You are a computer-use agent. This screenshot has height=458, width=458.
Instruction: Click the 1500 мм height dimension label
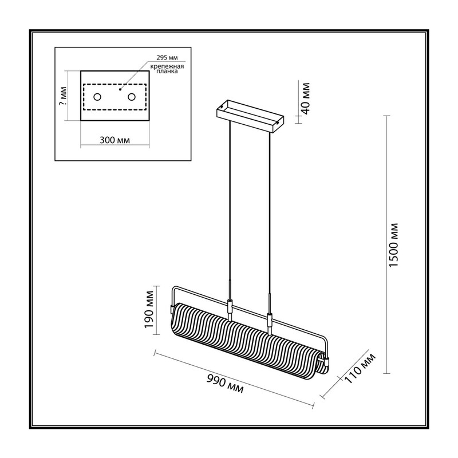tap(394, 244)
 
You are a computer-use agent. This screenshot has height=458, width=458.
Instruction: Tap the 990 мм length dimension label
tap(225, 384)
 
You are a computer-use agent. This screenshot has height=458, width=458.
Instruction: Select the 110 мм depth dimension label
tap(360, 368)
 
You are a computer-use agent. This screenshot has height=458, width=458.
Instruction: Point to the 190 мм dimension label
tap(149, 309)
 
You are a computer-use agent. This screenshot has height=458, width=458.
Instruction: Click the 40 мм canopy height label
tap(305, 98)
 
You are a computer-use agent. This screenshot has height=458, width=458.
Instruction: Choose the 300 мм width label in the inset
tap(114, 140)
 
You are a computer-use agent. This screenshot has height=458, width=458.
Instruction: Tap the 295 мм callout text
tap(167, 58)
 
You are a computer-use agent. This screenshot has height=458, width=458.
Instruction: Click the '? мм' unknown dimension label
tap(63, 96)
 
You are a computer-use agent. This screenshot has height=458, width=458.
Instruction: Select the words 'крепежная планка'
tap(167, 69)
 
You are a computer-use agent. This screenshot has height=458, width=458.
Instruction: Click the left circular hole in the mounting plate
tap(97, 97)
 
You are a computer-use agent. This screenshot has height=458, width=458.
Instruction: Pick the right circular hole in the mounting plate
tap(132, 97)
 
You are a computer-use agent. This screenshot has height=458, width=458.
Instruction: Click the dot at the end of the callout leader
tap(120, 89)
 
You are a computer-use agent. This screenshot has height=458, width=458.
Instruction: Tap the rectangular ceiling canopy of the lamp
tap(250, 116)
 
